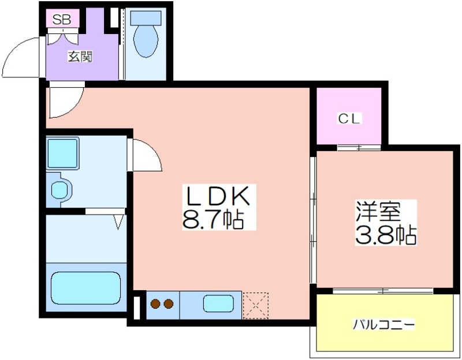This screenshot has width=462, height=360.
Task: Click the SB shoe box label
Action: [x=62, y=20]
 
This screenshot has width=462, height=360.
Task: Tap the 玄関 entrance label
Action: [x=80, y=57]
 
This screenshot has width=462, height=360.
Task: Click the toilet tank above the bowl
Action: [x=146, y=18]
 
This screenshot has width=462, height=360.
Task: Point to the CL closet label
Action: [x=349, y=119]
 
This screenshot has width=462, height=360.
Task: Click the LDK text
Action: [x=218, y=196]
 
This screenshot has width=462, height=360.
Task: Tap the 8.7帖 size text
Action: [x=213, y=220]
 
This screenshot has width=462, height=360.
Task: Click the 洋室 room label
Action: [x=378, y=211]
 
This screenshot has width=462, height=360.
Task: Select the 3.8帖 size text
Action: [x=386, y=235]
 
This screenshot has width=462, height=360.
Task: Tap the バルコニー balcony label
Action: [x=384, y=325]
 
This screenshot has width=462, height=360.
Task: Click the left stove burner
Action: [x=155, y=304]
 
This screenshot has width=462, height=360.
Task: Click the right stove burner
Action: [x=169, y=304]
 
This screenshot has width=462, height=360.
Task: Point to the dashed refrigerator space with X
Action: [x=255, y=306]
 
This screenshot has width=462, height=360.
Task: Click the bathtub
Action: [x=86, y=288]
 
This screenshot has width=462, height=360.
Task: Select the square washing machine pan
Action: [x=62, y=153]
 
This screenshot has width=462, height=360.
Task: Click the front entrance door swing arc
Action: [x=21, y=58]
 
